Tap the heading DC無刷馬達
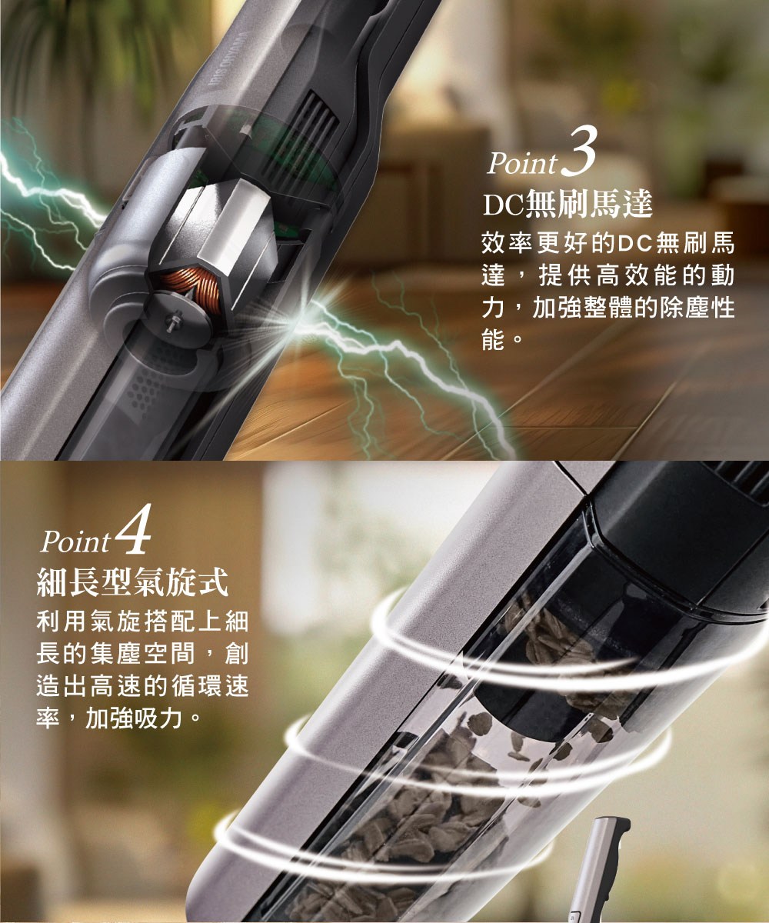(x=568, y=205)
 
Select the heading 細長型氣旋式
(x=133, y=583)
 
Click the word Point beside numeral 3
(x=522, y=163)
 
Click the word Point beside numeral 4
(x=77, y=542)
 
